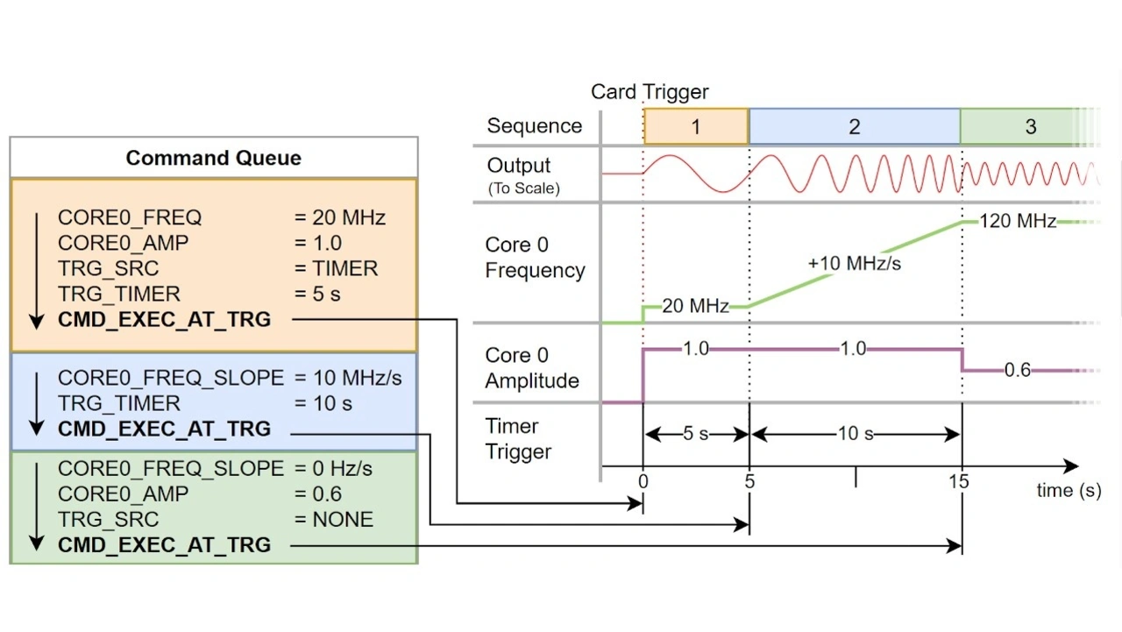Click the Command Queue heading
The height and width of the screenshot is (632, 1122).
pos(213,158)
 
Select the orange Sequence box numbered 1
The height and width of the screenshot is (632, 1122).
pos(696,126)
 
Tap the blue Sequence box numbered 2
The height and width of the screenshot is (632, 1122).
pos(855,126)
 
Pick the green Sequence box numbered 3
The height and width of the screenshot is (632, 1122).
pos(1030,126)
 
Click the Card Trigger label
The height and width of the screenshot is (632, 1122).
pos(650,92)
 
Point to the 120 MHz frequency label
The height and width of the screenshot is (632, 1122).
pos(1017,222)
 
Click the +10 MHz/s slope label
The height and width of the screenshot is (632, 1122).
pos(854,263)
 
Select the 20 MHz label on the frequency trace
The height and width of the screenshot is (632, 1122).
pos(695,306)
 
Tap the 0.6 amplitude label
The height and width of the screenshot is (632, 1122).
pos(1017,370)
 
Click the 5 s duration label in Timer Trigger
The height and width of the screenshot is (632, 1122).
pos(696,434)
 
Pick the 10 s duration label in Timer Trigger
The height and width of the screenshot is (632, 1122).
pos(855,434)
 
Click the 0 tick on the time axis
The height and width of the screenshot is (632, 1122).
pos(643,481)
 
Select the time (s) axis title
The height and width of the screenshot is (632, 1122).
pos(1069,491)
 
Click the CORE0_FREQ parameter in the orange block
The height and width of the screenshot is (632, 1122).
pos(130,217)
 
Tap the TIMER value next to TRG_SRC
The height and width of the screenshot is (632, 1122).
pos(345,268)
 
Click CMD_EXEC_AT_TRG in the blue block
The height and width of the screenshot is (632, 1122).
pos(164,430)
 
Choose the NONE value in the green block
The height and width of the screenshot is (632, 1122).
pos(343,520)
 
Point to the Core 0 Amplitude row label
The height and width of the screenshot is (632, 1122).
pos(532,368)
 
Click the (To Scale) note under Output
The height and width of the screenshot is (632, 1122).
pos(523,188)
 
